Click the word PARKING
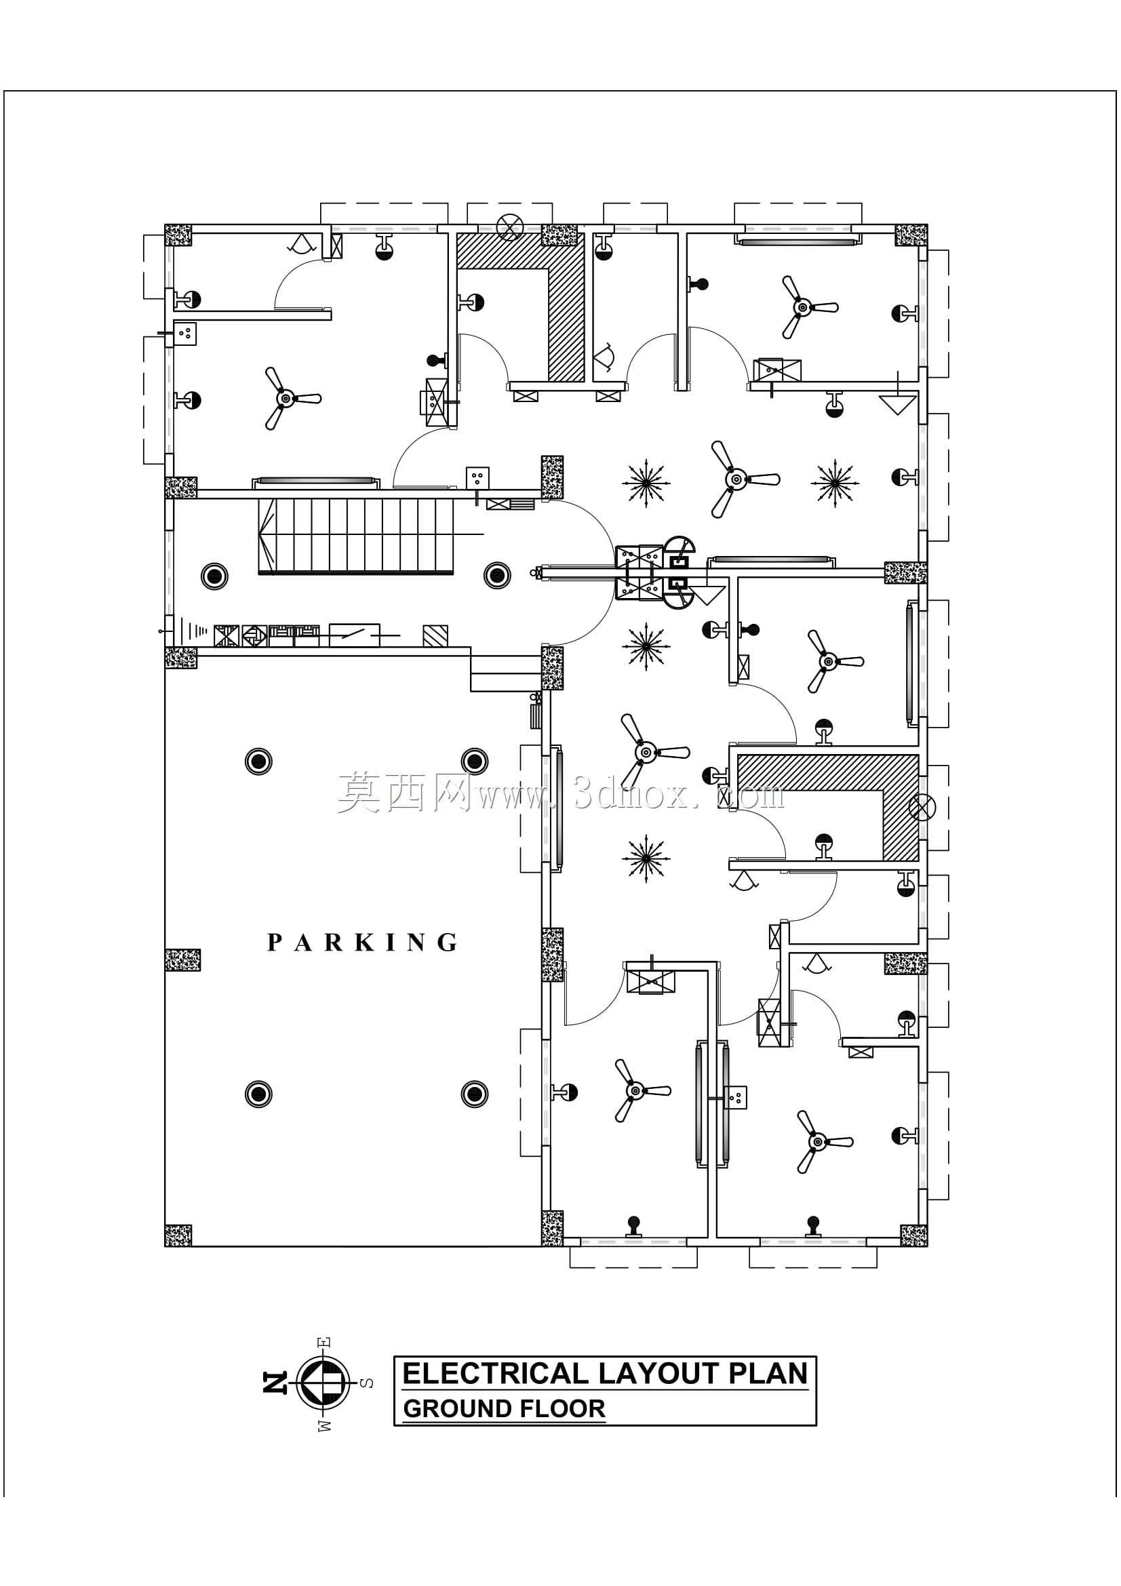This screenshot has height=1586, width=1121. click(x=362, y=943)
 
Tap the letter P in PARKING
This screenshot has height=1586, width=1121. click(x=274, y=943)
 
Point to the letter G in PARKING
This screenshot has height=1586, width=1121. click(x=448, y=943)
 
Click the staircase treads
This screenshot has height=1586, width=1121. click(x=356, y=537)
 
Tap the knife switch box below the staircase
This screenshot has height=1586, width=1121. click(x=354, y=635)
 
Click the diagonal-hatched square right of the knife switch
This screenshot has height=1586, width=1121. click(x=435, y=635)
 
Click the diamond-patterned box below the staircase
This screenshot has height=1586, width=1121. click(x=254, y=635)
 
